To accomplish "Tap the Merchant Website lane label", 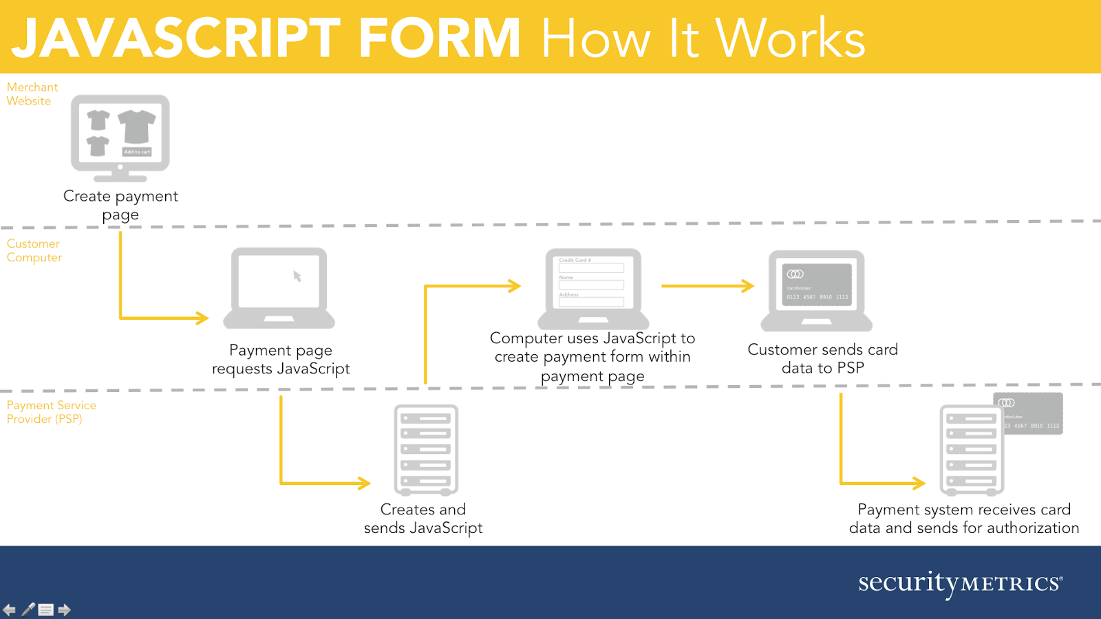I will click(x=32, y=94).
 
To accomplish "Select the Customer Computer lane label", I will click(x=34, y=250).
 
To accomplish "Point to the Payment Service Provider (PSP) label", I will click(x=51, y=412).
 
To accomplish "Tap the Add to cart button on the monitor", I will click(x=137, y=152).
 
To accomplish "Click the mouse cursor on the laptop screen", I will click(x=297, y=276).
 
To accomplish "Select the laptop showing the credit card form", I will click(x=592, y=289).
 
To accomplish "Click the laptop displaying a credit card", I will click(x=816, y=290).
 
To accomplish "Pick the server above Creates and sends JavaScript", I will click(x=426, y=450).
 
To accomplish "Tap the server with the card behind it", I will click(x=972, y=450).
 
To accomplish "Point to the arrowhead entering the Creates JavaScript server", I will click(x=365, y=483).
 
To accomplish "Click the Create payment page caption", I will click(x=120, y=205).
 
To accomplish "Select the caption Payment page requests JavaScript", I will click(x=281, y=360).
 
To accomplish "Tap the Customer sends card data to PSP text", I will click(x=822, y=358).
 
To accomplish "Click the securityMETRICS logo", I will click(x=960, y=583).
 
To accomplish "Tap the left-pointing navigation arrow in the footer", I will click(x=10, y=610).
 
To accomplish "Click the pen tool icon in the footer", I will click(x=28, y=609).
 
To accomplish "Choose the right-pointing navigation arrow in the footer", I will click(x=64, y=610).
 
